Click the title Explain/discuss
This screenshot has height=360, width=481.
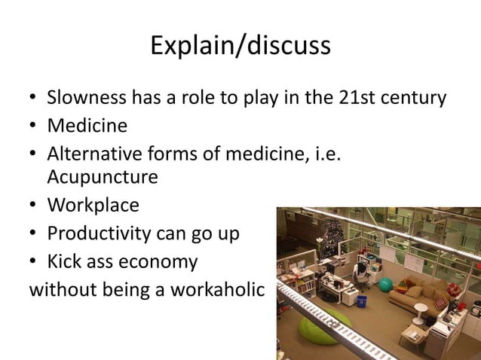click(240, 46)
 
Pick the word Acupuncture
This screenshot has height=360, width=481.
click(103, 178)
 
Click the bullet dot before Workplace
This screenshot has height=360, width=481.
click(34, 206)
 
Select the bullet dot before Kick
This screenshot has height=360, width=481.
click(34, 262)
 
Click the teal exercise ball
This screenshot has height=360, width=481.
click(386, 285)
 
